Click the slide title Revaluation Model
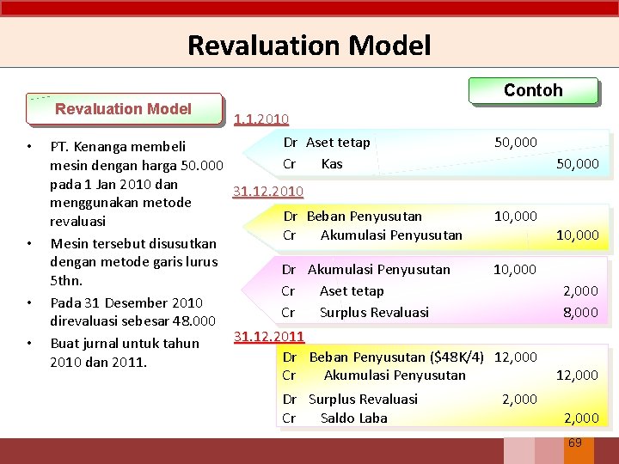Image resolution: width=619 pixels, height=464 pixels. click(x=309, y=45)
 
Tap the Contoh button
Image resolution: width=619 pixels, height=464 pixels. click(x=533, y=90)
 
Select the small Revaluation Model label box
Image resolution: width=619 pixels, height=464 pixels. click(x=123, y=109)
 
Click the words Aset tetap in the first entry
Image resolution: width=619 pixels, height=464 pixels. click(x=339, y=143)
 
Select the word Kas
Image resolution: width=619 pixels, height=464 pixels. click(x=331, y=163)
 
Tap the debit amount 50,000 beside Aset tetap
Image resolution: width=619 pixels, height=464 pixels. click(x=516, y=143)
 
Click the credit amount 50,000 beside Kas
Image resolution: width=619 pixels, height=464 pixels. click(x=577, y=163)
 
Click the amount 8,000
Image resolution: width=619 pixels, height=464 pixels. click(x=580, y=313)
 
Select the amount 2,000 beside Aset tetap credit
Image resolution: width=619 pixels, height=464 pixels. click(x=580, y=292)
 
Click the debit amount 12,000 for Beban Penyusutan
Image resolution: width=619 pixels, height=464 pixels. click(x=517, y=357)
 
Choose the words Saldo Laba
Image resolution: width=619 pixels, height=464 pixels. click(x=353, y=418)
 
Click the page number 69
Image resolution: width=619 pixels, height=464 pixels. click(x=575, y=443)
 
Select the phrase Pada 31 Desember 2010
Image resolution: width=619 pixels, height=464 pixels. click(x=126, y=302)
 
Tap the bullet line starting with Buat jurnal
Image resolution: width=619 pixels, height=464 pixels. click(x=125, y=343)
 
